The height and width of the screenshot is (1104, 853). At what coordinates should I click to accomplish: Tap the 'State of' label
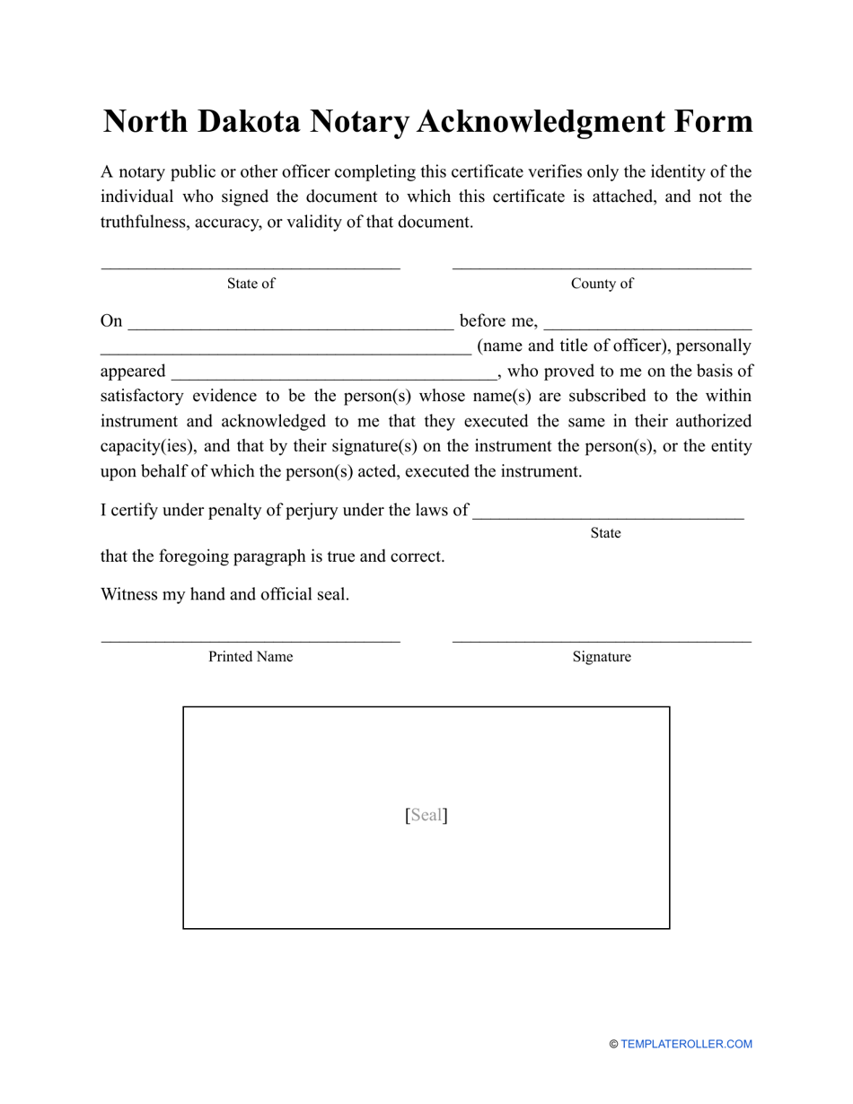point(251,284)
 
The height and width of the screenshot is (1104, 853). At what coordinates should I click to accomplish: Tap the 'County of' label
point(602,284)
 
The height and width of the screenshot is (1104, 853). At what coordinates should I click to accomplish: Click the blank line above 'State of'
point(251,267)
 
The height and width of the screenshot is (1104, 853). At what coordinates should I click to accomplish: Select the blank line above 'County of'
point(602,267)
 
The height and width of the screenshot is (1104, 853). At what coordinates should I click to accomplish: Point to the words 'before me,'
point(498,321)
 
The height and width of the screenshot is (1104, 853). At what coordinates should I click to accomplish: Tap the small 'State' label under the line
point(605,533)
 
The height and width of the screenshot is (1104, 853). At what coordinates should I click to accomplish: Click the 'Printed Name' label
point(251,657)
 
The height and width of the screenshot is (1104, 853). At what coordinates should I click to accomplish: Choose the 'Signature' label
point(602,657)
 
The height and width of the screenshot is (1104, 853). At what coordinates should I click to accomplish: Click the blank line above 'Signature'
point(602,641)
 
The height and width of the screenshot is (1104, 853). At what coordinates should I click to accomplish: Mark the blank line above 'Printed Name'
point(251,641)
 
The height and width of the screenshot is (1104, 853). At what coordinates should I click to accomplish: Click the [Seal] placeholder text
point(426,815)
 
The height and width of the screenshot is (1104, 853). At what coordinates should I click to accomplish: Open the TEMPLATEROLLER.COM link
point(686,1044)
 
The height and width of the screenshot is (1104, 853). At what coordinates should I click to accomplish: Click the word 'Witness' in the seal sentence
point(128,594)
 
